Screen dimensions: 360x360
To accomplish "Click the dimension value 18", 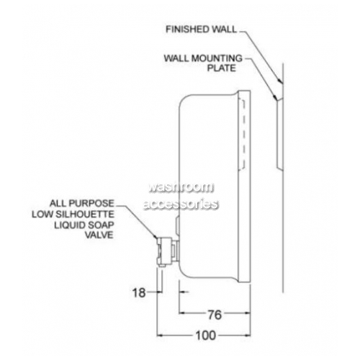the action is (x=139, y=292).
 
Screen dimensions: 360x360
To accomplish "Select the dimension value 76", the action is (x=215, y=315).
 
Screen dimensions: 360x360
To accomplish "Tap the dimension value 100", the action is (x=206, y=336).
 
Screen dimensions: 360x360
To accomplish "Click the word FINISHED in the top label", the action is (x=186, y=30).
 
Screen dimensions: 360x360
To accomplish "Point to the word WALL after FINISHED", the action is (x=223, y=30).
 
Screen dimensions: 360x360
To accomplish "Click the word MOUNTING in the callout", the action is (x=219, y=58).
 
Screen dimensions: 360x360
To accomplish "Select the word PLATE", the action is (x=222, y=68).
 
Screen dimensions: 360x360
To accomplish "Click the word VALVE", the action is (x=99, y=235).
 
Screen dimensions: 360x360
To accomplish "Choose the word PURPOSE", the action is (x=91, y=204).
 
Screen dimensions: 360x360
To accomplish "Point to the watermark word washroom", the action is (x=181, y=188).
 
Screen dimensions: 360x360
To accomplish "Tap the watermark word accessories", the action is (x=181, y=204).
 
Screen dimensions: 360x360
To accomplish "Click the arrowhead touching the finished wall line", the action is (x=281, y=81).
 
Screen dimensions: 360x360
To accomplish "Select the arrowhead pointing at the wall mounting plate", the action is (x=276, y=97).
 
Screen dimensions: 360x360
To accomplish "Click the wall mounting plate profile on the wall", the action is (x=279, y=135).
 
